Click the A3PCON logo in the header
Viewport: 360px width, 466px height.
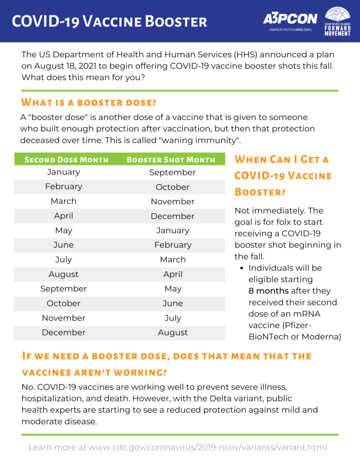coord(290,20)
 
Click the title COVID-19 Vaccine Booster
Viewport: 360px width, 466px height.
coord(109,21)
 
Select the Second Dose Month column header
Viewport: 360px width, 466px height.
coord(66,160)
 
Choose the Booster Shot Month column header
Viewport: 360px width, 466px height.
coord(171,160)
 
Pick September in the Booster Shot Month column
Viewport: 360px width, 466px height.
coord(172,172)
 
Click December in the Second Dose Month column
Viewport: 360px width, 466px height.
coord(64,333)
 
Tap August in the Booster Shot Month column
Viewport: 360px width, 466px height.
coord(172,333)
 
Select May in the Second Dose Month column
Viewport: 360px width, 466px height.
coord(64,231)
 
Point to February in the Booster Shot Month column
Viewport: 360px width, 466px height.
coord(172,245)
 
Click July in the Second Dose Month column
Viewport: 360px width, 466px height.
coord(64,260)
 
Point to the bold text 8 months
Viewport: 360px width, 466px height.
coord(269,291)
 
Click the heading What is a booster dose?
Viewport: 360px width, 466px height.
coord(89,101)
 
